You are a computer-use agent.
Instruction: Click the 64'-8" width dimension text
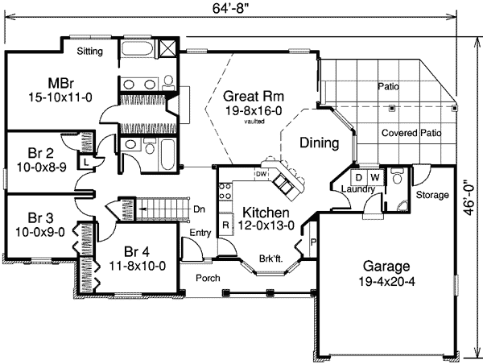click(230, 9)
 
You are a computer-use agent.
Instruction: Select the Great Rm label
click(254, 96)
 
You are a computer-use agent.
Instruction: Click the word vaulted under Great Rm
click(254, 122)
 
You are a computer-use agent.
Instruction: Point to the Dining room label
click(320, 143)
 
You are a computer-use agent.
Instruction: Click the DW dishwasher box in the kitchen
click(261, 174)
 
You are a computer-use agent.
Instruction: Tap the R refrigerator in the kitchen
click(225, 225)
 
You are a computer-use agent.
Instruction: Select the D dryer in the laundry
click(358, 177)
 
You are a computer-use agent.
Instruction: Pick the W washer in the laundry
click(375, 177)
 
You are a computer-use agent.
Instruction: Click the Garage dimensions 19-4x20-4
click(386, 281)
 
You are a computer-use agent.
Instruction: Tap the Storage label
click(432, 195)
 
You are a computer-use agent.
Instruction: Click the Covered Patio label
click(411, 133)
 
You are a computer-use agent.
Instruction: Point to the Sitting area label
click(89, 52)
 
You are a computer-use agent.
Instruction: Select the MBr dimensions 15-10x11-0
click(60, 97)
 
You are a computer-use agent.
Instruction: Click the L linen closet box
click(87, 162)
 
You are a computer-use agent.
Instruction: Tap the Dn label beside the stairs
click(200, 209)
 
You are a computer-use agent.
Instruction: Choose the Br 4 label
click(137, 252)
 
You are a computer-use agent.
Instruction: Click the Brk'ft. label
click(270, 259)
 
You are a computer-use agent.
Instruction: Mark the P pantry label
click(313, 242)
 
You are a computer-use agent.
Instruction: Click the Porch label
click(208, 278)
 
